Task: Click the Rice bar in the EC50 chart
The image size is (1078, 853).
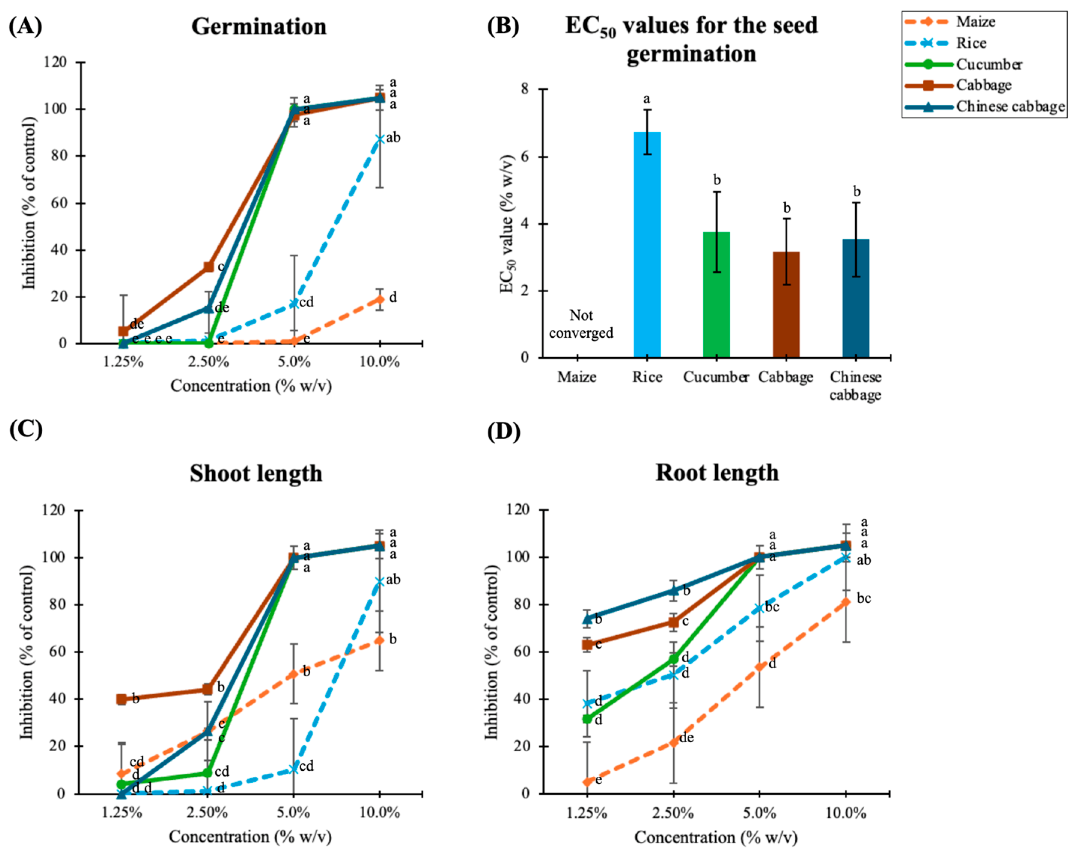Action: (x=647, y=245)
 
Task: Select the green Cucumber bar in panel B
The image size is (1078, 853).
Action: (x=716, y=295)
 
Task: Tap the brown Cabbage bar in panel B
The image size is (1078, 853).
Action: (x=786, y=305)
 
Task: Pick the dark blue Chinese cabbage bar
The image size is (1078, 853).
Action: (x=855, y=298)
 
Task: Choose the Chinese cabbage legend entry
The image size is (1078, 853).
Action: (x=1010, y=106)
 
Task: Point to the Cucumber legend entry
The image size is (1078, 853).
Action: (x=989, y=64)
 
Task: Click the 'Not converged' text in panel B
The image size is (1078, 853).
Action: (x=581, y=324)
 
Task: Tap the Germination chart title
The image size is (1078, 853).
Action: (x=259, y=27)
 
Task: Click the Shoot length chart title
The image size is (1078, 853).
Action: (x=256, y=473)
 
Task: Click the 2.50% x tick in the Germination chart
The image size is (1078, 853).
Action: (x=209, y=361)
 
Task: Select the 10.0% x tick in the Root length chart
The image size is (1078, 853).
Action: (x=846, y=813)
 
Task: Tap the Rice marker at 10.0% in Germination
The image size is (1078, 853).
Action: (x=380, y=139)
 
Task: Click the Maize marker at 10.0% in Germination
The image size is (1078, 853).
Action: (x=380, y=299)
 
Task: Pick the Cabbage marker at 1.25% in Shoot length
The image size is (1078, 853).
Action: (x=121, y=699)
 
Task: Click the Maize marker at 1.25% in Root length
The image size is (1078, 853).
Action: (x=587, y=782)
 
